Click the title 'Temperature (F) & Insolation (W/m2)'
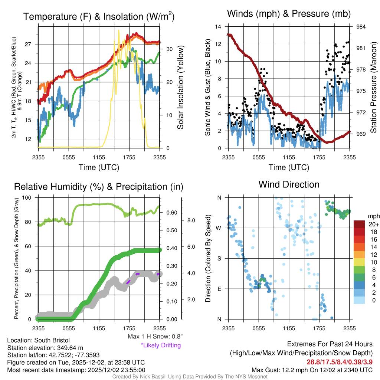pyautogui.click(x=99, y=16)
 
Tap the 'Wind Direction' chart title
pyautogui.click(x=289, y=184)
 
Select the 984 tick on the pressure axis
pyautogui.click(x=360, y=27)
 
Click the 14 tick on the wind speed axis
pyautogui.click(x=218, y=27)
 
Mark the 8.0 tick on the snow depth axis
pyautogui.click(x=190, y=220)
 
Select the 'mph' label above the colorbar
pyautogui.click(x=373, y=216)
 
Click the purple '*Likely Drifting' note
pyautogui.click(x=161, y=345)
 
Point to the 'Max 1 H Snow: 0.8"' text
pyautogui.click(x=155, y=337)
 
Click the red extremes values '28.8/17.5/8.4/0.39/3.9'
pyautogui.click(x=339, y=361)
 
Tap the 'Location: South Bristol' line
pyautogui.click(x=38, y=340)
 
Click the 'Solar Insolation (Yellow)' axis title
pyautogui.click(x=181, y=88)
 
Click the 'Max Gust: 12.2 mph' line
pyautogui.click(x=312, y=370)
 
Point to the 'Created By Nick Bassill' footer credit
pyautogui.click(x=190, y=376)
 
